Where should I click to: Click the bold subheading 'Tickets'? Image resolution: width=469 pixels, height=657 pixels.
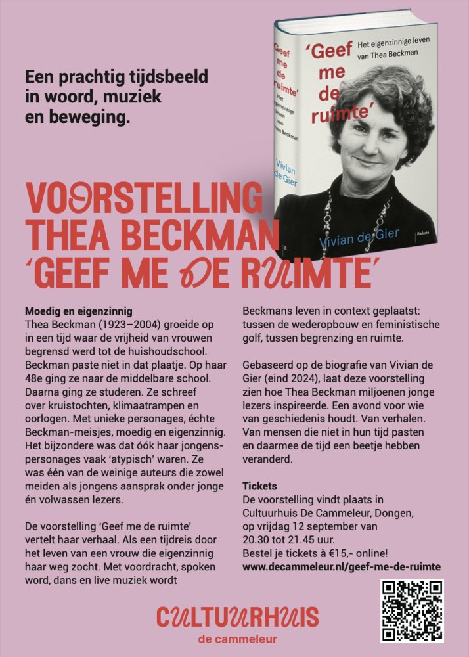(260, 486)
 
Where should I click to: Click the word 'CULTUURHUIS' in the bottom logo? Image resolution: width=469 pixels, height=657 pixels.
(237, 618)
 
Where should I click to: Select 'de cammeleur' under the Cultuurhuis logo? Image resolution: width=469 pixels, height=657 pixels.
(237, 639)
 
